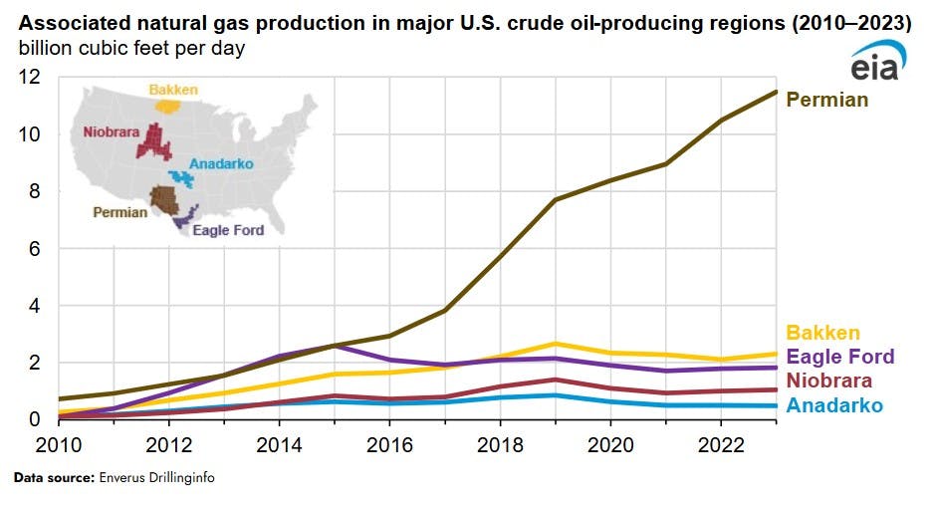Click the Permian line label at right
[x=826, y=100]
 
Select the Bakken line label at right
[x=822, y=333]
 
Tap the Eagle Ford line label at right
[x=840, y=357]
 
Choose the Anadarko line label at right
[x=834, y=404]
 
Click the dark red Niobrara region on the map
[x=154, y=141]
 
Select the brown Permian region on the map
[x=163, y=199]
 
